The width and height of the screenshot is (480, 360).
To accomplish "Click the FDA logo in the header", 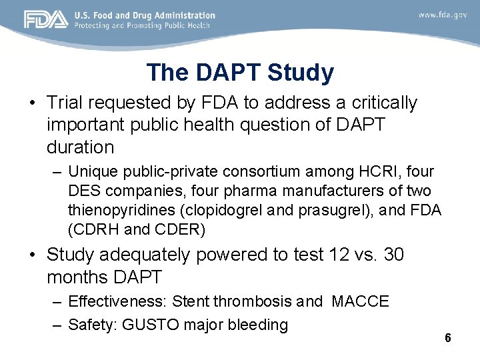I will pos(46,20).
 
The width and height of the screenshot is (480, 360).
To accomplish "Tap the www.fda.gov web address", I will pos(443,15).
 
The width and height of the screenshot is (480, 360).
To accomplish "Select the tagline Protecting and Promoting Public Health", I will pos(142,26).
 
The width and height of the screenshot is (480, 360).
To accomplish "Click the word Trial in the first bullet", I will pos(65,103).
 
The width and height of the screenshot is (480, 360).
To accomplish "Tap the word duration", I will pos(81,146).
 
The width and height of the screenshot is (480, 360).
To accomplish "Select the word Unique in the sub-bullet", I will pos(90,171).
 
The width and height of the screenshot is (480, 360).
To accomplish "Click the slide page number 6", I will pos(448,338).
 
